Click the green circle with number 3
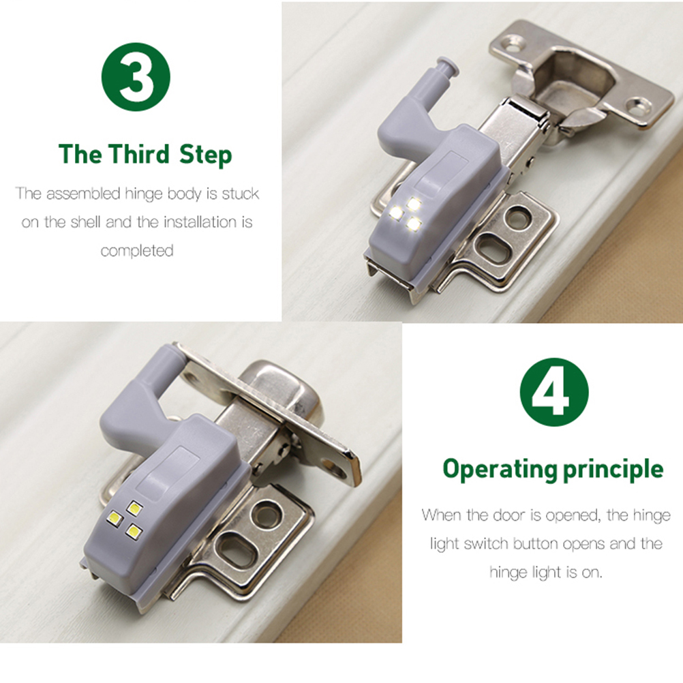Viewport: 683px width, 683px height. tap(136, 77)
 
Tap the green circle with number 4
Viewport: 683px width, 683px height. tap(554, 391)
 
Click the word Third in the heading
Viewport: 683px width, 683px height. tap(139, 154)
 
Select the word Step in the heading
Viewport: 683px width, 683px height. tap(206, 155)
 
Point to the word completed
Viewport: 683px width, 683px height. tap(137, 251)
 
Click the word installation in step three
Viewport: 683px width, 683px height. tap(200, 222)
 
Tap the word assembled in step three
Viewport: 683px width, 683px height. tap(83, 194)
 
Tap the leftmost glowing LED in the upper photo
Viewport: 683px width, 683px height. tap(397, 213)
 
